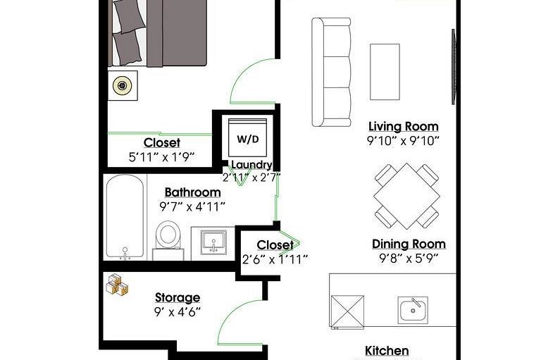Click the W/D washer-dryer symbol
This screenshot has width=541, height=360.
[x=247, y=138]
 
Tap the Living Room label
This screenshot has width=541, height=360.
[x=404, y=126]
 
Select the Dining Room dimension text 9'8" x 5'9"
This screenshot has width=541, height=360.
[x=409, y=258]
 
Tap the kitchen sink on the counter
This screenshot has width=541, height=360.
[x=413, y=310]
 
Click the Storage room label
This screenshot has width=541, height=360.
[x=178, y=297]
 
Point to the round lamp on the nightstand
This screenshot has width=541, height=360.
[x=122, y=86]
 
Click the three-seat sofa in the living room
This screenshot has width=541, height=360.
[x=331, y=72]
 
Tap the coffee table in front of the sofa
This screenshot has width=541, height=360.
[x=385, y=72]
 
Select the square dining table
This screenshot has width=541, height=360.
[x=406, y=196]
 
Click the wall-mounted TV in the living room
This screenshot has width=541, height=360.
[x=454, y=67]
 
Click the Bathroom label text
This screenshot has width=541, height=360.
[x=192, y=192]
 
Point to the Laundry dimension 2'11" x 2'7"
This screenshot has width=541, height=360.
[x=251, y=178]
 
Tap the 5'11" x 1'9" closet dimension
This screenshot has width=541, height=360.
[x=162, y=157]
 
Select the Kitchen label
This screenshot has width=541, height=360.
[x=387, y=351]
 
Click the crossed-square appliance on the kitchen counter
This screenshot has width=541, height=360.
[x=347, y=311]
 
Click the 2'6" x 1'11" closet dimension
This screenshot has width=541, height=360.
[x=275, y=259]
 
